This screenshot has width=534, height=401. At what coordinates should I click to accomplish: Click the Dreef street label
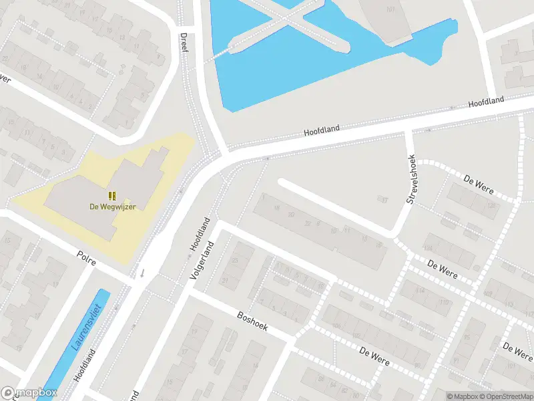pyautogui.click(x=184, y=43)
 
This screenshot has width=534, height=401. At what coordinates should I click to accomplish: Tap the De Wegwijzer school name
pyautogui.click(x=113, y=207)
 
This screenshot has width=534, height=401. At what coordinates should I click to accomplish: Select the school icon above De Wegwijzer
pyautogui.click(x=113, y=196)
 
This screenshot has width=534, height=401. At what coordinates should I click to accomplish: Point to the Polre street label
pyautogui.click(x=86, y=259)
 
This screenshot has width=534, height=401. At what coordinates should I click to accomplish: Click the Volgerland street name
pyautogui.click(x=202, y=261)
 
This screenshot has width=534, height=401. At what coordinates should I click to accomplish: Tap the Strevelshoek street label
pyautogui.click(x=412, y=181)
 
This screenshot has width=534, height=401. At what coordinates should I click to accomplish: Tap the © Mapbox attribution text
pyautogui.click(x=461, y=396)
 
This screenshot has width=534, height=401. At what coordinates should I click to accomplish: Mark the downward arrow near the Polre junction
pyautogui.click(x=142, y=272)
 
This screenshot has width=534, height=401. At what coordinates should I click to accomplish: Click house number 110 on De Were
pyautogui.click(x=444, y=302)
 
